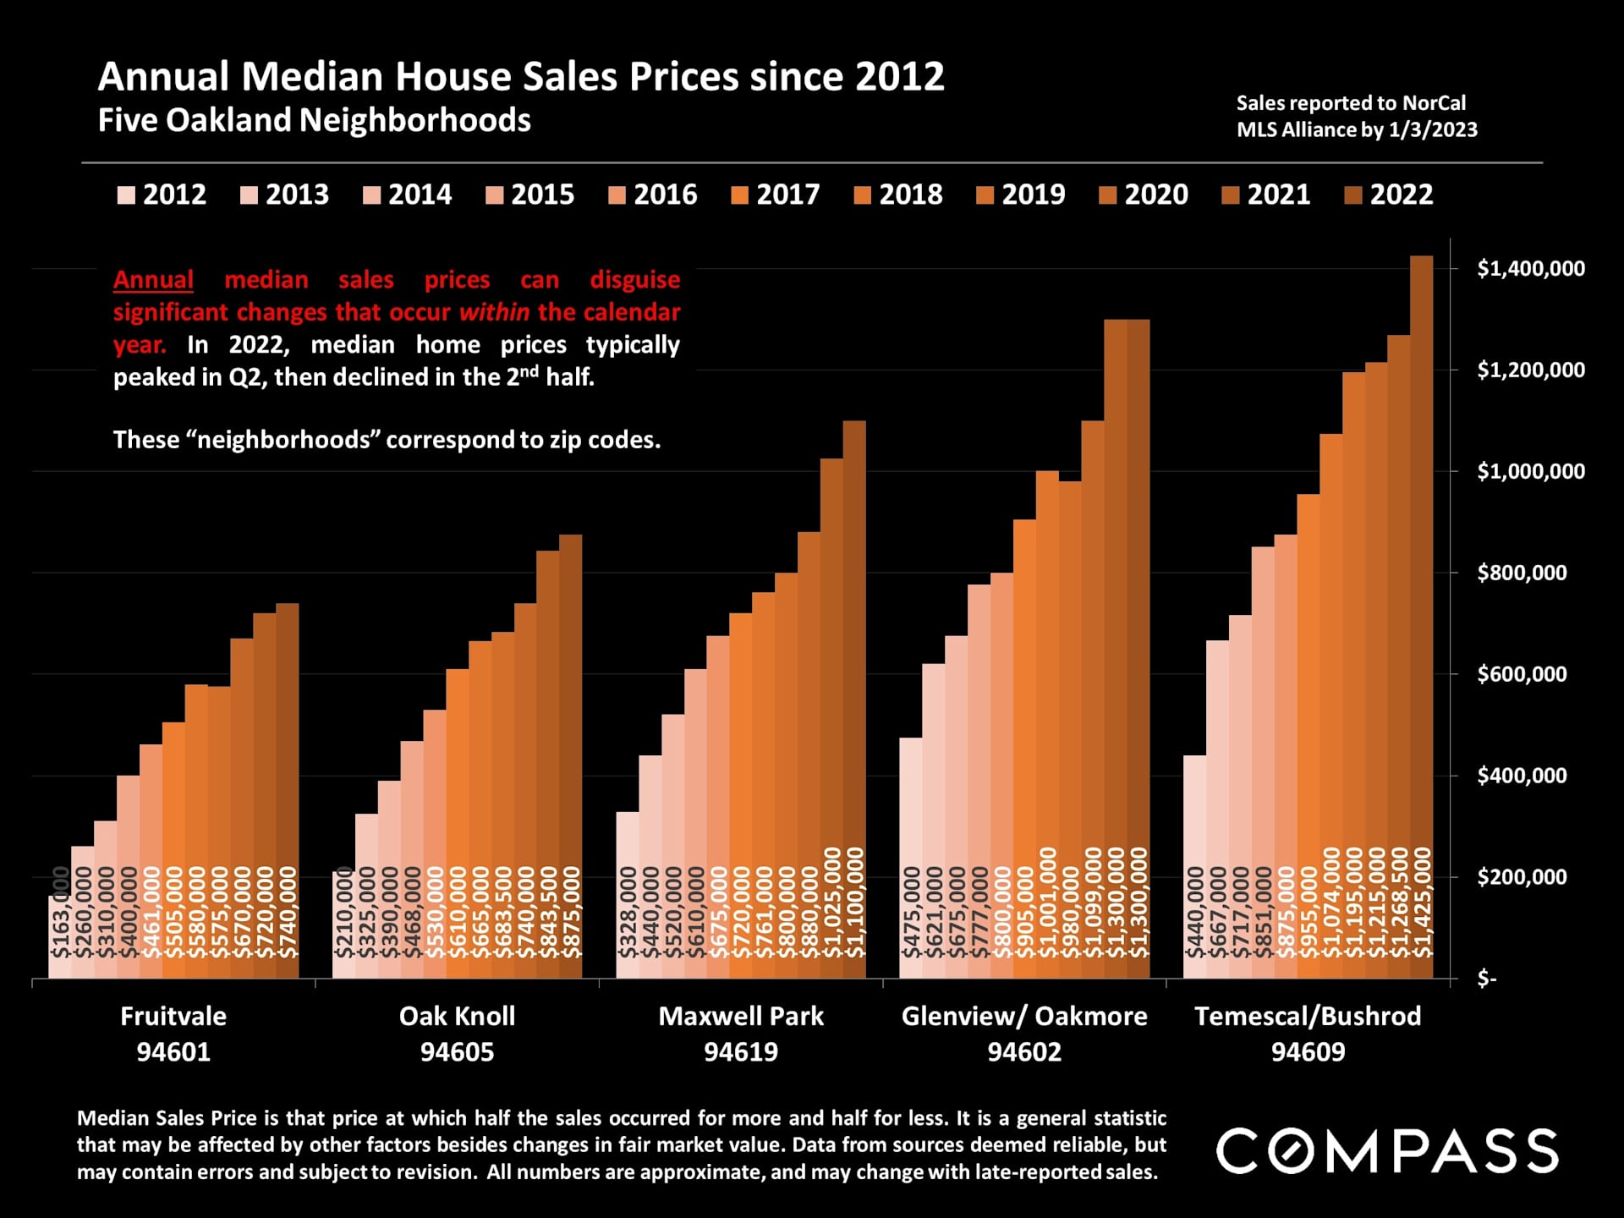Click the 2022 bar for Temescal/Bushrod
[1422, 592]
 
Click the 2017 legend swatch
[739, 195]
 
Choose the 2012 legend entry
[162, 195]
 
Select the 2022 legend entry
[1389, 195]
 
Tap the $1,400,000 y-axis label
[1530, 269]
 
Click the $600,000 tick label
[1522, 674]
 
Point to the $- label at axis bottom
[1486, 979]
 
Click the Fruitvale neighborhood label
[173, 1016]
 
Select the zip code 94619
[741, 1052]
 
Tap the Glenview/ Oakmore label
[1024, 1016]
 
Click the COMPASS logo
[1387, 1150]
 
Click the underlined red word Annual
[153, 280]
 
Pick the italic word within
[494, 312]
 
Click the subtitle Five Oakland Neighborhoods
[314, 120]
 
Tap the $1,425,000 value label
[1423, 902]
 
